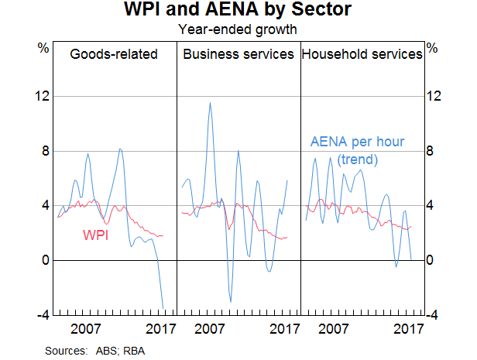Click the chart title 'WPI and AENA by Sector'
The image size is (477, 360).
coord(238,12)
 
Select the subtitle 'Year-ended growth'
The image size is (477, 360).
coord(238,30)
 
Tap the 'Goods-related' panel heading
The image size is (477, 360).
coord(114,54)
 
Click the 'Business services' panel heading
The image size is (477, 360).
coord(238,54)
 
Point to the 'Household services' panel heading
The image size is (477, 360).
coord(362,54)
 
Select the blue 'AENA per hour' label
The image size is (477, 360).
coord(357,142)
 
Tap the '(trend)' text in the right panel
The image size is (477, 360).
coord(357,159)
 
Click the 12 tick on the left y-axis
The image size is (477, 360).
coord(43,96)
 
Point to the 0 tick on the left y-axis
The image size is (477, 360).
coord(45,261)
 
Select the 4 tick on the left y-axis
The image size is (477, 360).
coord(45,206)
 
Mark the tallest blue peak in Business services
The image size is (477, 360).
coord(209,103)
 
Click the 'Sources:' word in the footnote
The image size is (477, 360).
coord(66,351)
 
